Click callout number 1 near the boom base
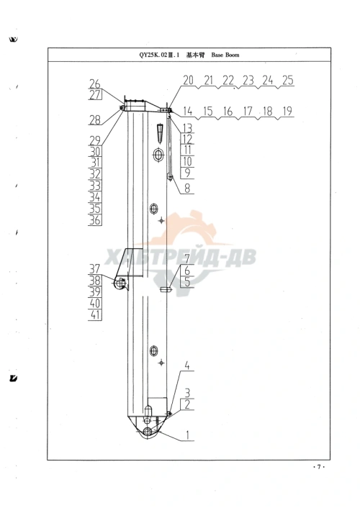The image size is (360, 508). tap(187, 435)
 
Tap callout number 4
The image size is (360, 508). tap(187, 366)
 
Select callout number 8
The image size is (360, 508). tap(187, 188)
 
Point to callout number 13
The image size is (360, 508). tap(187, 128)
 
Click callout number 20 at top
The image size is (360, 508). tap(188, 80)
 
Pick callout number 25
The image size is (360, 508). tap(288, 80)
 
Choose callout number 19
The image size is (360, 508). tap(287, 111)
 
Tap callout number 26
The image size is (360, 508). tap(95, 84)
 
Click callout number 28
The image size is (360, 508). tap(95, 120)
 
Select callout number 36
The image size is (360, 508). tap(95, 220)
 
